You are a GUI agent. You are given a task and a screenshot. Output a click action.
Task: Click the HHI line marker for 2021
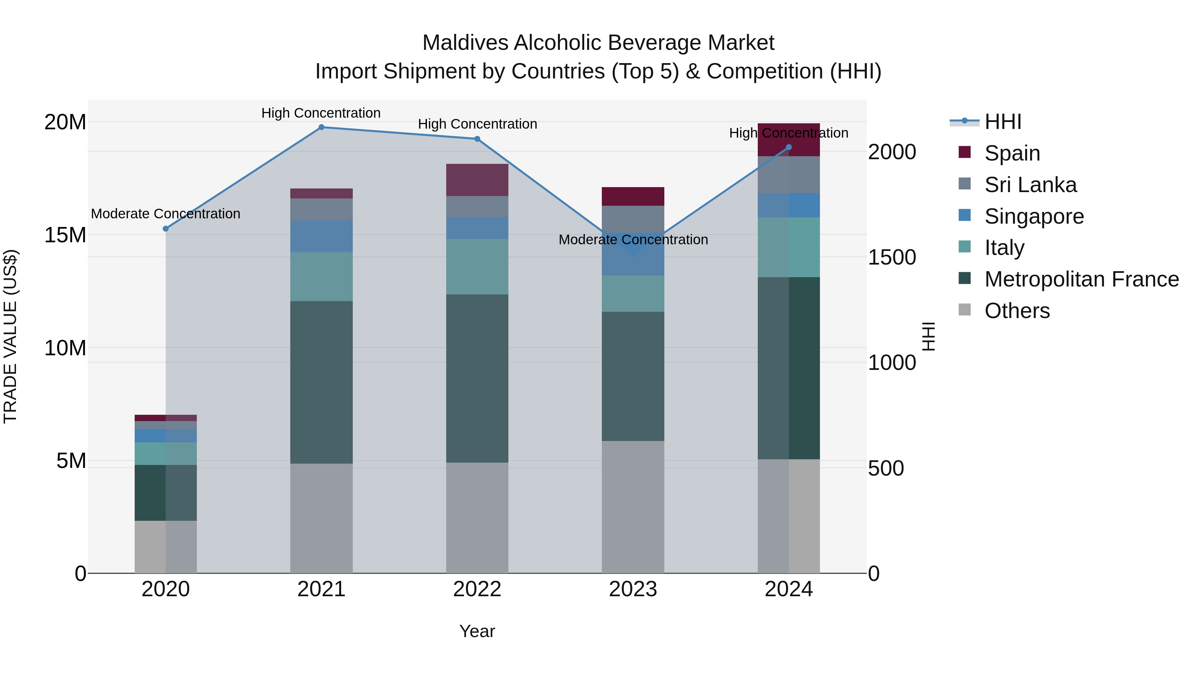(321, 127)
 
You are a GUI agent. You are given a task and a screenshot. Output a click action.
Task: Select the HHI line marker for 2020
(166, 229)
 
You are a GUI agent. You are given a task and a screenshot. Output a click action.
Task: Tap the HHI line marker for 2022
(477, 139)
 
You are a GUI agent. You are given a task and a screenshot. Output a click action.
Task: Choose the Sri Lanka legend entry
(1030, 185)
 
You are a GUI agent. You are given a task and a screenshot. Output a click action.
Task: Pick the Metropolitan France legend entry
(1081, 279)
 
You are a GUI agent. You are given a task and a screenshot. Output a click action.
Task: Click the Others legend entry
(1017, 311)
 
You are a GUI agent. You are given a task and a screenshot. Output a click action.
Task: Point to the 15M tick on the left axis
(65, 235)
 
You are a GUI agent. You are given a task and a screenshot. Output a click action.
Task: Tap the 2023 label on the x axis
(633, 589)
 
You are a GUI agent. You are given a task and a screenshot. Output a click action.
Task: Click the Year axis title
(477, 631)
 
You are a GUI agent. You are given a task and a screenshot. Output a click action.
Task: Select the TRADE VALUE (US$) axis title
(10, 336)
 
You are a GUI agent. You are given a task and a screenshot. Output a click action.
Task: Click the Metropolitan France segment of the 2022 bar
(477, 379)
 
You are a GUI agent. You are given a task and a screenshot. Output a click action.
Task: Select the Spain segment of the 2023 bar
(633, 196)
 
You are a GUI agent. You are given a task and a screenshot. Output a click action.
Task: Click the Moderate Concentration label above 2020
(166, 214)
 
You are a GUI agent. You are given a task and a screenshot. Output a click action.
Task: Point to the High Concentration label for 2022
(477, 124)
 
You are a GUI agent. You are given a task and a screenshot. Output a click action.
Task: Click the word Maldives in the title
(465, 43)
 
